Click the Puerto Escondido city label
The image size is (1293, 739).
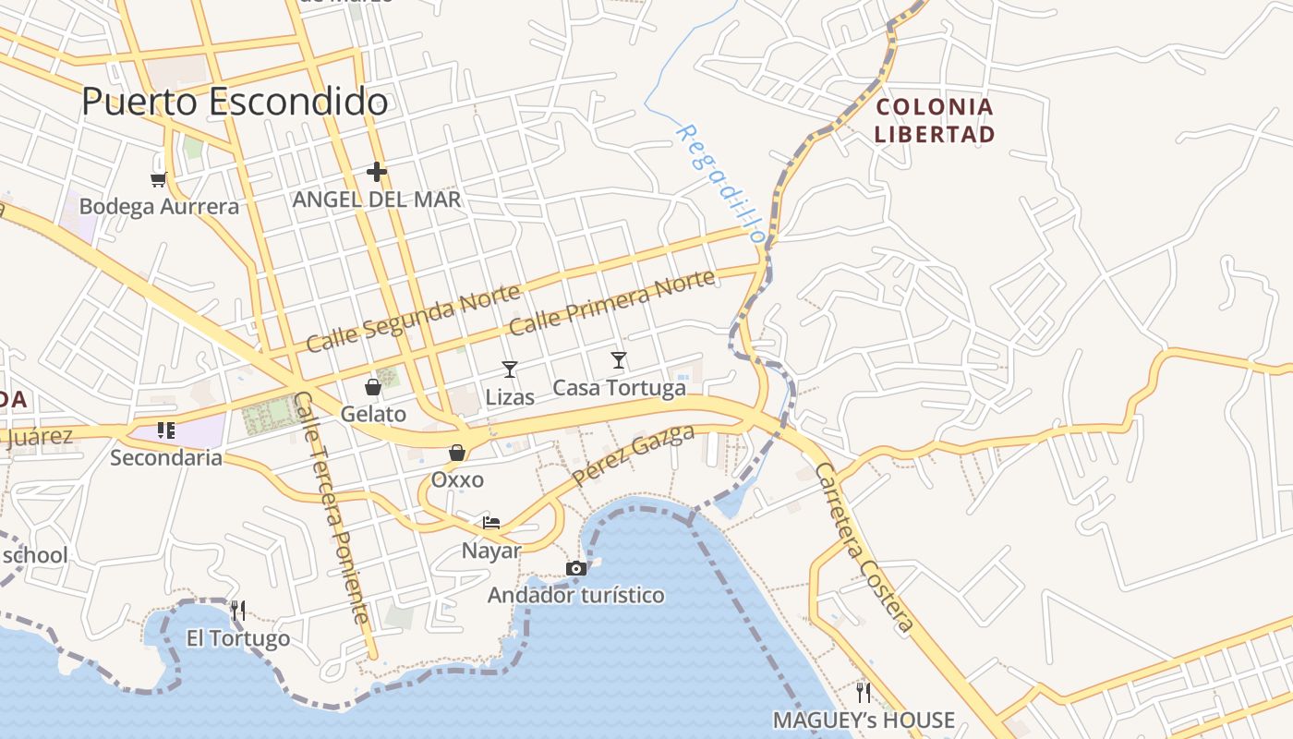click(235, 102)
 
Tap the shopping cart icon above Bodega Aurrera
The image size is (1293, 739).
click(159, 178)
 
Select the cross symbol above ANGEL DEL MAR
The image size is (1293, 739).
click(376, 172)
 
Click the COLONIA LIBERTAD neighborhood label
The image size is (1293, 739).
click(935, 120)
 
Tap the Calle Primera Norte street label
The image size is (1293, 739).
click(611, 303)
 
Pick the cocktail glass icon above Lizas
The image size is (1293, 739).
click(510, 369)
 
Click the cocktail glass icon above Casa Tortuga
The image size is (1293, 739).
click(619, 360)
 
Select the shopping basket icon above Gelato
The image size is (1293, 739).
click(373, 387)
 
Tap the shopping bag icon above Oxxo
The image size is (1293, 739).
click(457, 453)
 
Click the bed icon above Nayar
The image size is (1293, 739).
click(491, 523)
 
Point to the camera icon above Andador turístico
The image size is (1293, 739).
click(576, 568)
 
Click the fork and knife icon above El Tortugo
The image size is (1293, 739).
click(238, 610)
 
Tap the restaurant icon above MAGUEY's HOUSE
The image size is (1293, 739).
click(864, 692)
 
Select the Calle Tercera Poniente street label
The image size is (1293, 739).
click(332, 507)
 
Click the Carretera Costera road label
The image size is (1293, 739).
click(864, 549)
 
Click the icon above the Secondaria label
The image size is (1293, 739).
click(166, 430)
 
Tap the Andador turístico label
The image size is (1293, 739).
click(576, 595)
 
